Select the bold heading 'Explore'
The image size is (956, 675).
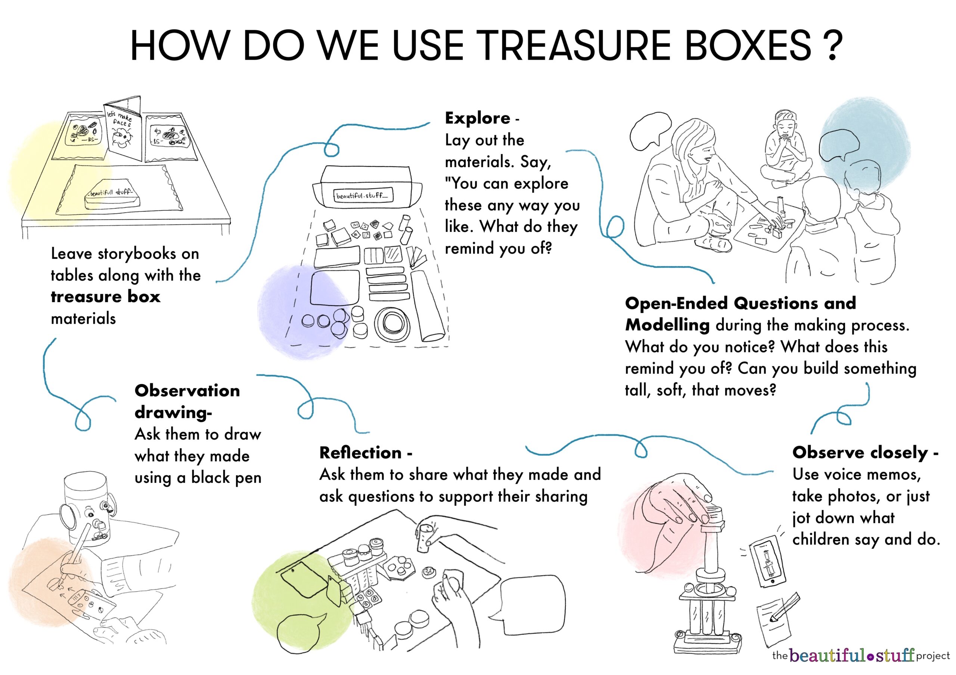[x=478, y=118]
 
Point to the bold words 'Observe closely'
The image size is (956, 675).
[x=860, y=452]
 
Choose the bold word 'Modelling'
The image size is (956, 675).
[x=667, y=325]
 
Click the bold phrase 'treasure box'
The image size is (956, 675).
[x=105, y=297]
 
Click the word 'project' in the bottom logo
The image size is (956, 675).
[x=933, y=657]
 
